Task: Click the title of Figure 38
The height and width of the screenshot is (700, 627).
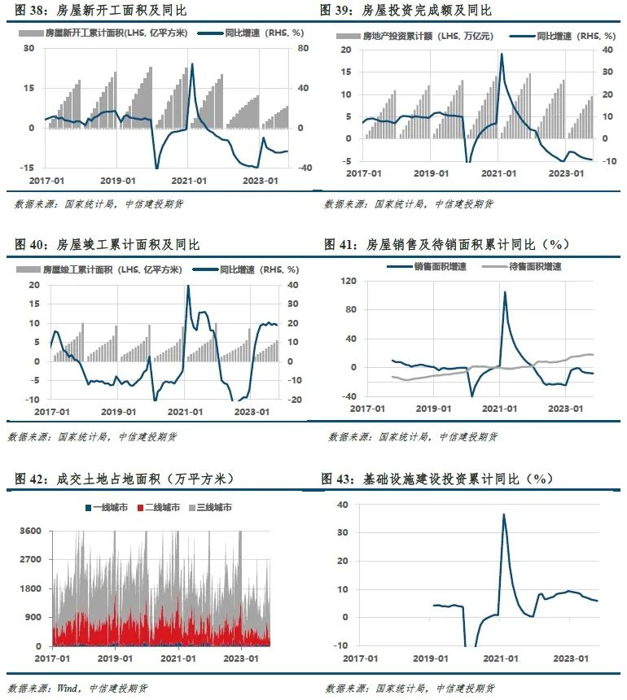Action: click(x=100, y=10)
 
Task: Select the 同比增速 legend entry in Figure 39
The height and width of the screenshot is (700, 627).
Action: click(x=563, y=36)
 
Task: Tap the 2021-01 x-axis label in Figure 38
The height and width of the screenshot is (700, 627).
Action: click(x=188, y=181)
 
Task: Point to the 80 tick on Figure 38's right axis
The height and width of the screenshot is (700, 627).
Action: click(x=303, y=48)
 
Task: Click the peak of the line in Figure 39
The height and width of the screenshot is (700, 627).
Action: click(x=502, y=54)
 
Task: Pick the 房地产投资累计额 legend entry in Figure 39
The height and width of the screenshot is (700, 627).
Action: click(x=414, y=36)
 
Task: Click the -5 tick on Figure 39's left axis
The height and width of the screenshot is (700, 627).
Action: click(x=346, y=161)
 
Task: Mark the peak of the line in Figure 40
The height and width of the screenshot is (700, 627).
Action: click(x=187, y=286)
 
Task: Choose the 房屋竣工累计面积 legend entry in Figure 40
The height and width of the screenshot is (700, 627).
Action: click(x=99, y=269)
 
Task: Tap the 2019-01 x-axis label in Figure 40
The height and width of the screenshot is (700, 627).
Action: click(x=118, y=412)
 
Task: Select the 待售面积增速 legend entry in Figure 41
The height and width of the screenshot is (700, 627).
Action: click(x=522, y=266)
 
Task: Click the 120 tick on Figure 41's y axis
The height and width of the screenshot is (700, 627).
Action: click(x=349, y=281)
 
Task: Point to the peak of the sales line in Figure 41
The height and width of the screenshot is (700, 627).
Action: click(x=505, y=292)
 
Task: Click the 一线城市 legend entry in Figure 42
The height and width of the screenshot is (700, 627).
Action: click(x=107, y=508)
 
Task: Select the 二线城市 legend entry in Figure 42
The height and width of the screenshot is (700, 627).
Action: click(x=159, y=508)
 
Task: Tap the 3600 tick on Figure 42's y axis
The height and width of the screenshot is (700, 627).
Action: click(x=30, y=531)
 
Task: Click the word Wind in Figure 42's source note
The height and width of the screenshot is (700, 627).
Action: click(x=68, y=688)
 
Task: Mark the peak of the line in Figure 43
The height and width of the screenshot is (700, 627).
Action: click(x=504, y=514)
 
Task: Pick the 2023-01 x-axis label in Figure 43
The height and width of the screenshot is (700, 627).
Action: click(x=571, y=658)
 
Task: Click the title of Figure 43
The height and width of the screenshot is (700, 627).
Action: click(x=437, y=479)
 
